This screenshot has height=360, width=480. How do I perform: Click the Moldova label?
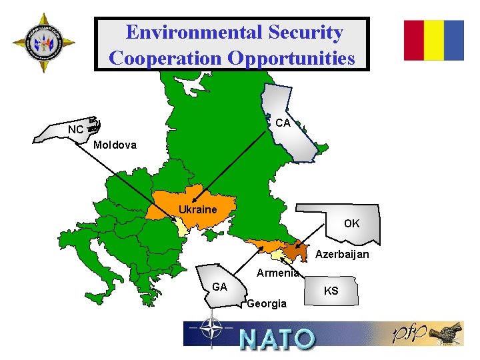[115, 145]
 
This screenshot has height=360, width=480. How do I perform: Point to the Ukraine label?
[198, 209]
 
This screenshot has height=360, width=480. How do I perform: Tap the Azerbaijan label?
[342, 254]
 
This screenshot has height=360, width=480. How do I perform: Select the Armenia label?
[278, 273]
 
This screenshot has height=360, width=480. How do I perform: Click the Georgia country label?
[267, 304]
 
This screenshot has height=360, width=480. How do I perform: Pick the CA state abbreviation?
[283, 123]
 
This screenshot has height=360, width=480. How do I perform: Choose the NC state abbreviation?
[75, 129]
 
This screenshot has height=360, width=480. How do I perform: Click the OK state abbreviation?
[351, 223]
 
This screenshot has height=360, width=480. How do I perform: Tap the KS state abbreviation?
[331, 291]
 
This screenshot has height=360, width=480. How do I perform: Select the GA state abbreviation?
[220, 287]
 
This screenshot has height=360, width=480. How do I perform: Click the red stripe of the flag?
[414, 40]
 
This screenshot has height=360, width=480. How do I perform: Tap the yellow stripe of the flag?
[434, 40]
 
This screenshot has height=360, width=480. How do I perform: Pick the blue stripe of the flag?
[454, 40]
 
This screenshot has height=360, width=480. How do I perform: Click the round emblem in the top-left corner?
[43, 43]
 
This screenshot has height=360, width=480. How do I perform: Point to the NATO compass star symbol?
[213, 331]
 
